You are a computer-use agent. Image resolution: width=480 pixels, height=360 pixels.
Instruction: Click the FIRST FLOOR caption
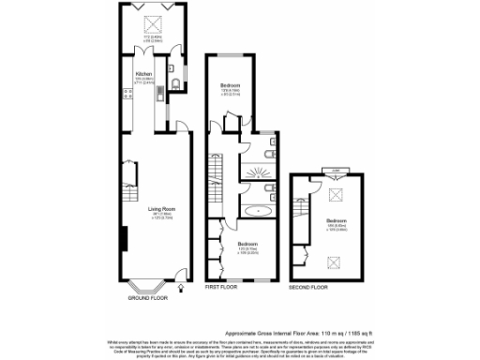pyautogui.click(x=223, y=286)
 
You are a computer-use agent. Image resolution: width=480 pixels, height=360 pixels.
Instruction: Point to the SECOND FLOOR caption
pyautogui.click(x=309, y=286)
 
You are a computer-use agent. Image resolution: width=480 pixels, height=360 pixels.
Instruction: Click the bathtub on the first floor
pyautogui.click(x=255, y=211)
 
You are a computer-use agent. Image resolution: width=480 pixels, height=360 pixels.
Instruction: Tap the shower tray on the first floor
pyautogui.click(x=255, y=170)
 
